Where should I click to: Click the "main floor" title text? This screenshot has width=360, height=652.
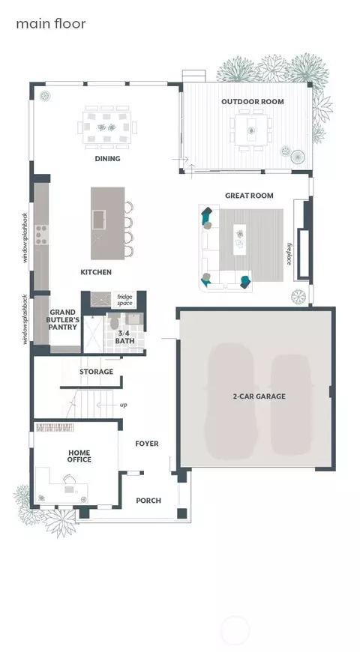(x=51, y=23)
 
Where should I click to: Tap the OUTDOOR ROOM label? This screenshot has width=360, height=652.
(x=253, y=101)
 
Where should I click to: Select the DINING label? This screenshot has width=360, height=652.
(x=108, y=158)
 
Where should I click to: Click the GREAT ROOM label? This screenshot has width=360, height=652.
(x=249, y=196)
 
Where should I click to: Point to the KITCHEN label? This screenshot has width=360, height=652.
(x=96, y=272)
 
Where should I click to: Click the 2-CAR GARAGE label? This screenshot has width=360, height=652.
(x=259, y=396)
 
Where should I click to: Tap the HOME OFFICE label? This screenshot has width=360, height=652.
(x=79, y=456)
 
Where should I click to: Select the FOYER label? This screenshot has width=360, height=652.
(x=147, y=444)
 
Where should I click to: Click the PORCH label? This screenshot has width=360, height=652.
(x=148, y=501)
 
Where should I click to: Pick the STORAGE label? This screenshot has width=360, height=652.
(x=97, y=372)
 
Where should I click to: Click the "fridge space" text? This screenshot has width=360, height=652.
(x=124, y=299)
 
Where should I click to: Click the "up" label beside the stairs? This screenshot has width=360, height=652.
(x=123, y=405)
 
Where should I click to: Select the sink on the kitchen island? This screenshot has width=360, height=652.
(x=99, y=220)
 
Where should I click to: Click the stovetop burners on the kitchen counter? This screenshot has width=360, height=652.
(x=41, y=235)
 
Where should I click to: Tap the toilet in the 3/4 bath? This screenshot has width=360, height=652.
(x=114, y=322)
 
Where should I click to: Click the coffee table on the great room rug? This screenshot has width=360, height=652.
(x=239, y=240)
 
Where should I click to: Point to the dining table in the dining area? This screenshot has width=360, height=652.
(x=107, y=127)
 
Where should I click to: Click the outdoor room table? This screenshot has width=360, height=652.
(x=251, y=130)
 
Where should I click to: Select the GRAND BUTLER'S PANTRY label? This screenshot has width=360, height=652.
(x=63, y=319)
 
